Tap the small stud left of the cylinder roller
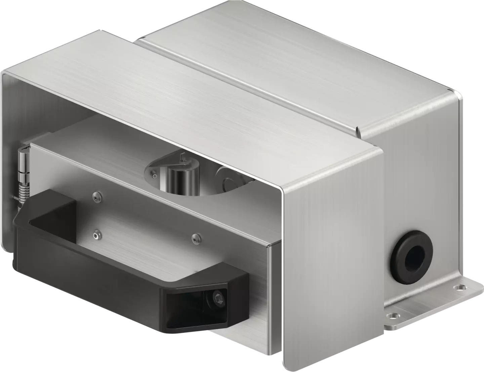[x=153, y=175]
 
